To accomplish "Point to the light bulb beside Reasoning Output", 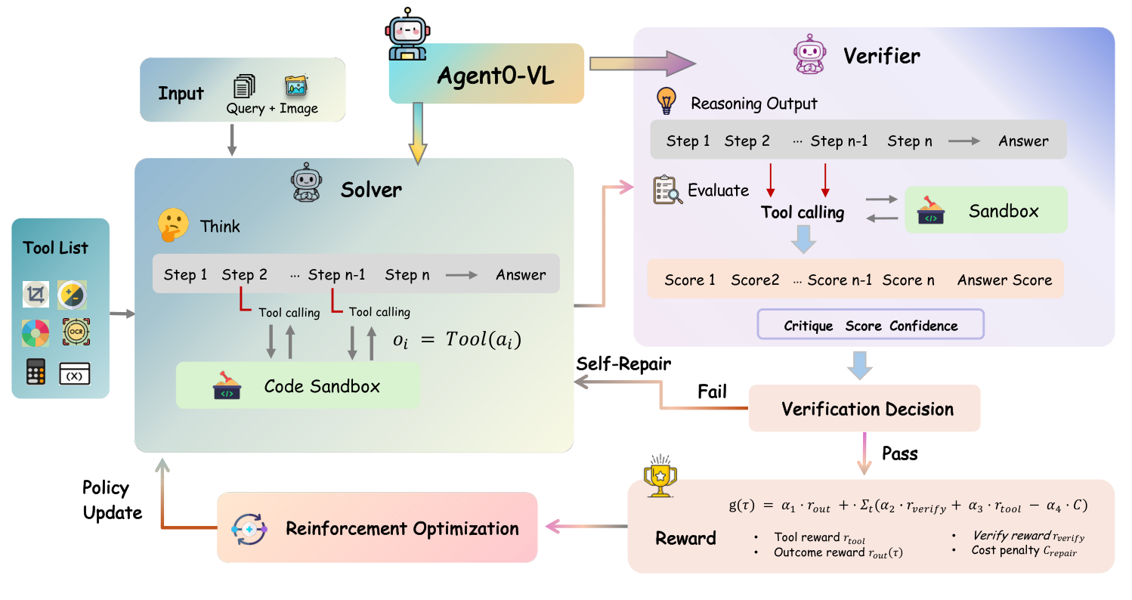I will pyautogui.click(x=666, y=101).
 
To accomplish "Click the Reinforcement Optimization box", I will pyautogui.click(x=376, y=528).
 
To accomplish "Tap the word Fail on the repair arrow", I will pyautogui.click(x=711, y=391).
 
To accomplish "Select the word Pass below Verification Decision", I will pyautogui.click(x=899, y=453).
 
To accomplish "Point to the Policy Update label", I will pyautogui.click(x=112, y=499).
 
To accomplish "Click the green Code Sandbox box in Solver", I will pyautogui.click(x=298, y=386).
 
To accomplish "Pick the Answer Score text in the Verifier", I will pyautogui.click(x=1004, y=280).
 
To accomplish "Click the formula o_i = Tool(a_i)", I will pyautogui.click(x=456, y=339).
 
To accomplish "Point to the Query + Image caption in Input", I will pyautogui.click(x=272, y=108).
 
